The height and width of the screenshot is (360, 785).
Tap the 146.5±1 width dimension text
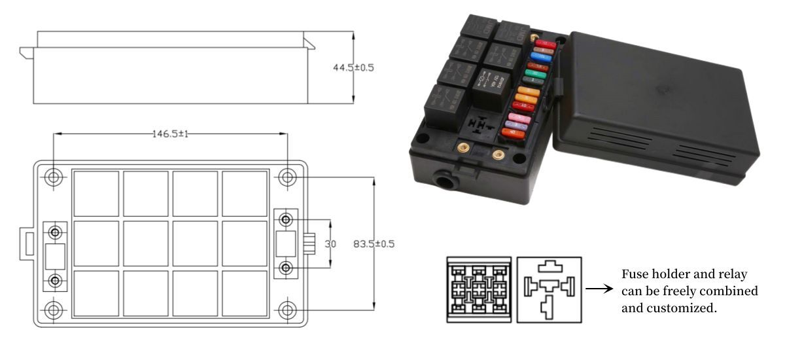[170, 134]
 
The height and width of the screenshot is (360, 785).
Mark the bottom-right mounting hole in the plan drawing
[287, 310]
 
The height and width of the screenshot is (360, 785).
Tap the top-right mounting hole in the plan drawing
[287, 177]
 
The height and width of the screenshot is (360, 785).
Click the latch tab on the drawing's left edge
[28, 243]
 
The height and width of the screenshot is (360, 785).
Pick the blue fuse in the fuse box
[538, 57]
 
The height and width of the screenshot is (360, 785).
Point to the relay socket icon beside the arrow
[548, 289]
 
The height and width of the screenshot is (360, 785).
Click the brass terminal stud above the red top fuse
[534, 40]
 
